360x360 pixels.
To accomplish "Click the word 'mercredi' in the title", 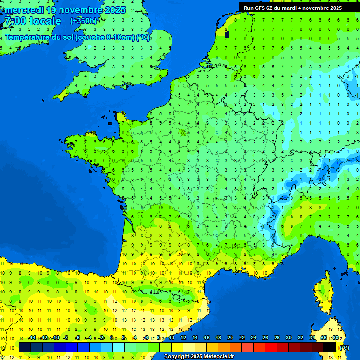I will (x=24, y=10).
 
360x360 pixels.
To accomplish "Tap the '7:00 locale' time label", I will (x=32, y=21).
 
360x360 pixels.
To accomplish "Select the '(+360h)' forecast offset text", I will (x=83, y=21).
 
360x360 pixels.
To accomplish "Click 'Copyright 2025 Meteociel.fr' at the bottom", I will (x=199, y=356).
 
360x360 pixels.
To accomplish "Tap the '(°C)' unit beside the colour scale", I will (x=344, y=347).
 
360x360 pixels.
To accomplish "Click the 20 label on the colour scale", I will (x=230, y=337).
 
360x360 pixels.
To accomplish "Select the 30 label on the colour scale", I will (x=288, y=337).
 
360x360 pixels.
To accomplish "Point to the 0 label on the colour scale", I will (x=112, y=337).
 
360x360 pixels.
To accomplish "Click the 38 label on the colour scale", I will (x=335, y=337).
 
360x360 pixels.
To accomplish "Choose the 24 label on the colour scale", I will (x=253, y=337).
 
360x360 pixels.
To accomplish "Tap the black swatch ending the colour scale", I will (x=330, y=347).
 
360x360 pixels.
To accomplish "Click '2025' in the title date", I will (x=114, y=10).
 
